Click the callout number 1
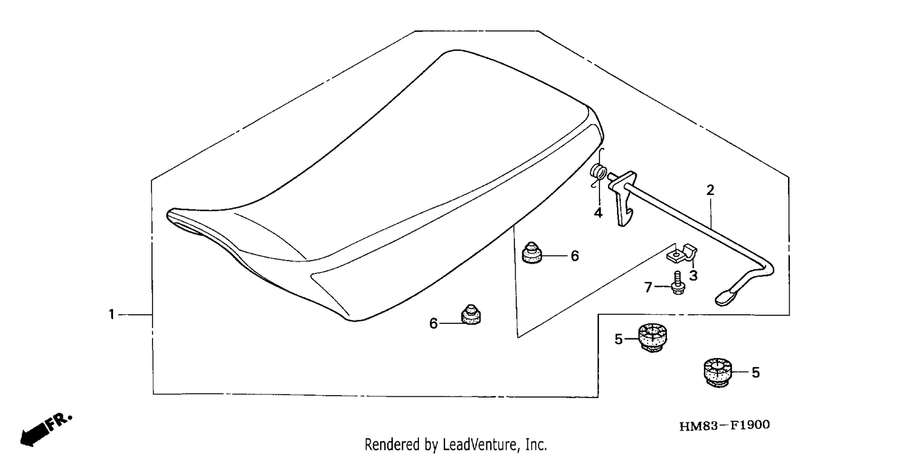click(111, 315)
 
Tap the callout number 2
click(710, 191)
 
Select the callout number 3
click(693, 275)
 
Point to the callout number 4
click(598, 212)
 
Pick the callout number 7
click(649, 287)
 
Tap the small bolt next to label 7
click(678, 282)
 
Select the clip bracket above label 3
click(682, 254)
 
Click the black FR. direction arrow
click(34, 435)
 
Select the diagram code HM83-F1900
click(724, 426)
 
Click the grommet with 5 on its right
click(718, 373)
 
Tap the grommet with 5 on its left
click(652, 337)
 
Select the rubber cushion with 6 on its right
click(532, 253)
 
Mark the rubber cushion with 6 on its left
click(471, 315)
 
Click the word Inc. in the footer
click(536, 444)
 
